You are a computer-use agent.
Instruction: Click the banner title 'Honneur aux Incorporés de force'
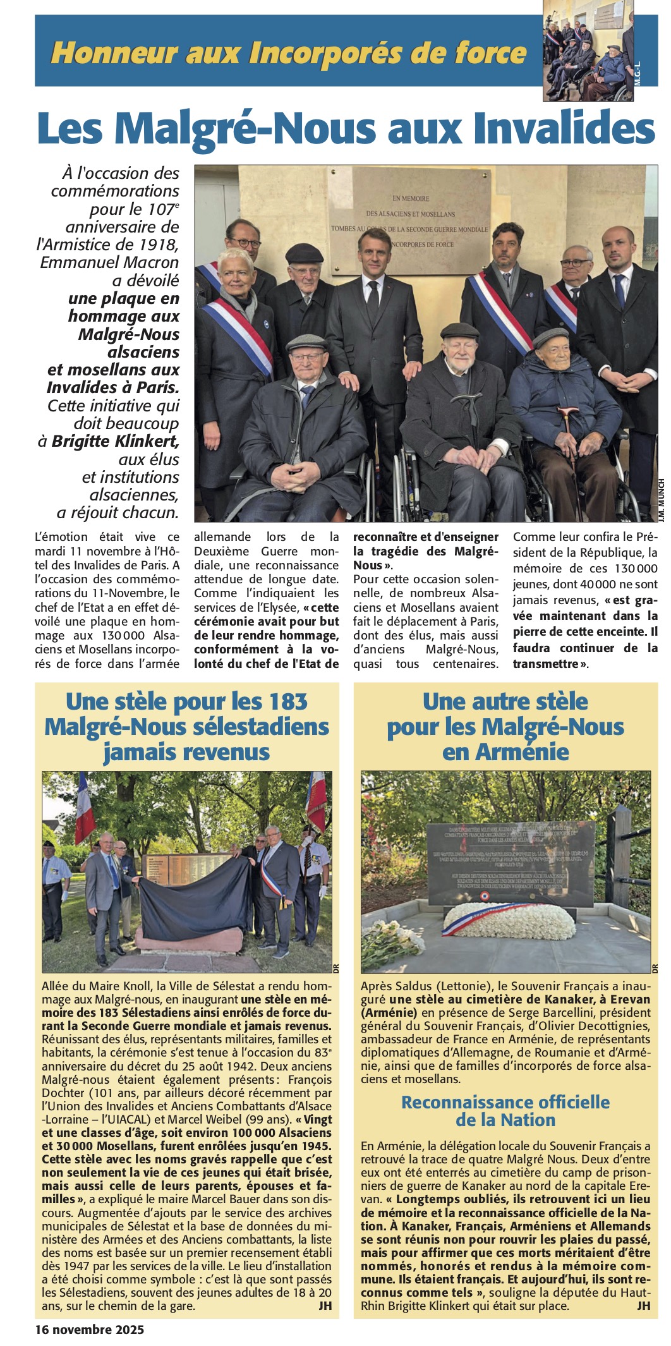(288, 53)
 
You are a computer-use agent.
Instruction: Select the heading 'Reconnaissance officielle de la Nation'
(505, 1111)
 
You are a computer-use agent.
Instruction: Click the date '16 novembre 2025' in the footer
(90, 1329)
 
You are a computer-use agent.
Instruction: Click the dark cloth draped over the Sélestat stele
(190, 904)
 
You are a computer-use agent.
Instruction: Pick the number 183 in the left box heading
(287, 701)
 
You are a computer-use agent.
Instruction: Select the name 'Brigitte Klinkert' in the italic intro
(116, 441)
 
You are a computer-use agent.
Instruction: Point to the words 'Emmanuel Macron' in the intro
(109, 262)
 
